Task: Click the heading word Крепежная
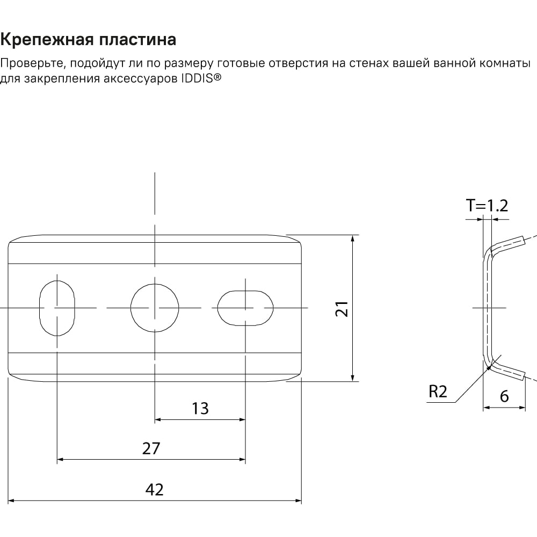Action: click(x=47, y=39)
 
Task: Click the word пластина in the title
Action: click(x=137, y=39)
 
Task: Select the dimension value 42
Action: click(x=155, y=490)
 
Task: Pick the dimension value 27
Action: click(x=151, y=448)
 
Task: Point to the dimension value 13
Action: click(x=200, y=409)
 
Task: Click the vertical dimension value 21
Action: click(x=342, y=309)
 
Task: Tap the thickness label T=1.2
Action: click(x=487, y=206)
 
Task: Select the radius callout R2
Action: click(x=438, y=391)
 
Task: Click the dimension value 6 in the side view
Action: click(x=504, y=397)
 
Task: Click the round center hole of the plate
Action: click(x=155, y=308)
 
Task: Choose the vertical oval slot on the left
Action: click(x=57, y=308)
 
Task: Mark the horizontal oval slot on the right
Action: click(x=245, y=308)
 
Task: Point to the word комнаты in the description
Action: click(x=505, y=64)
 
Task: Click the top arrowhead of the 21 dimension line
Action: click(x=353, y=238)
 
